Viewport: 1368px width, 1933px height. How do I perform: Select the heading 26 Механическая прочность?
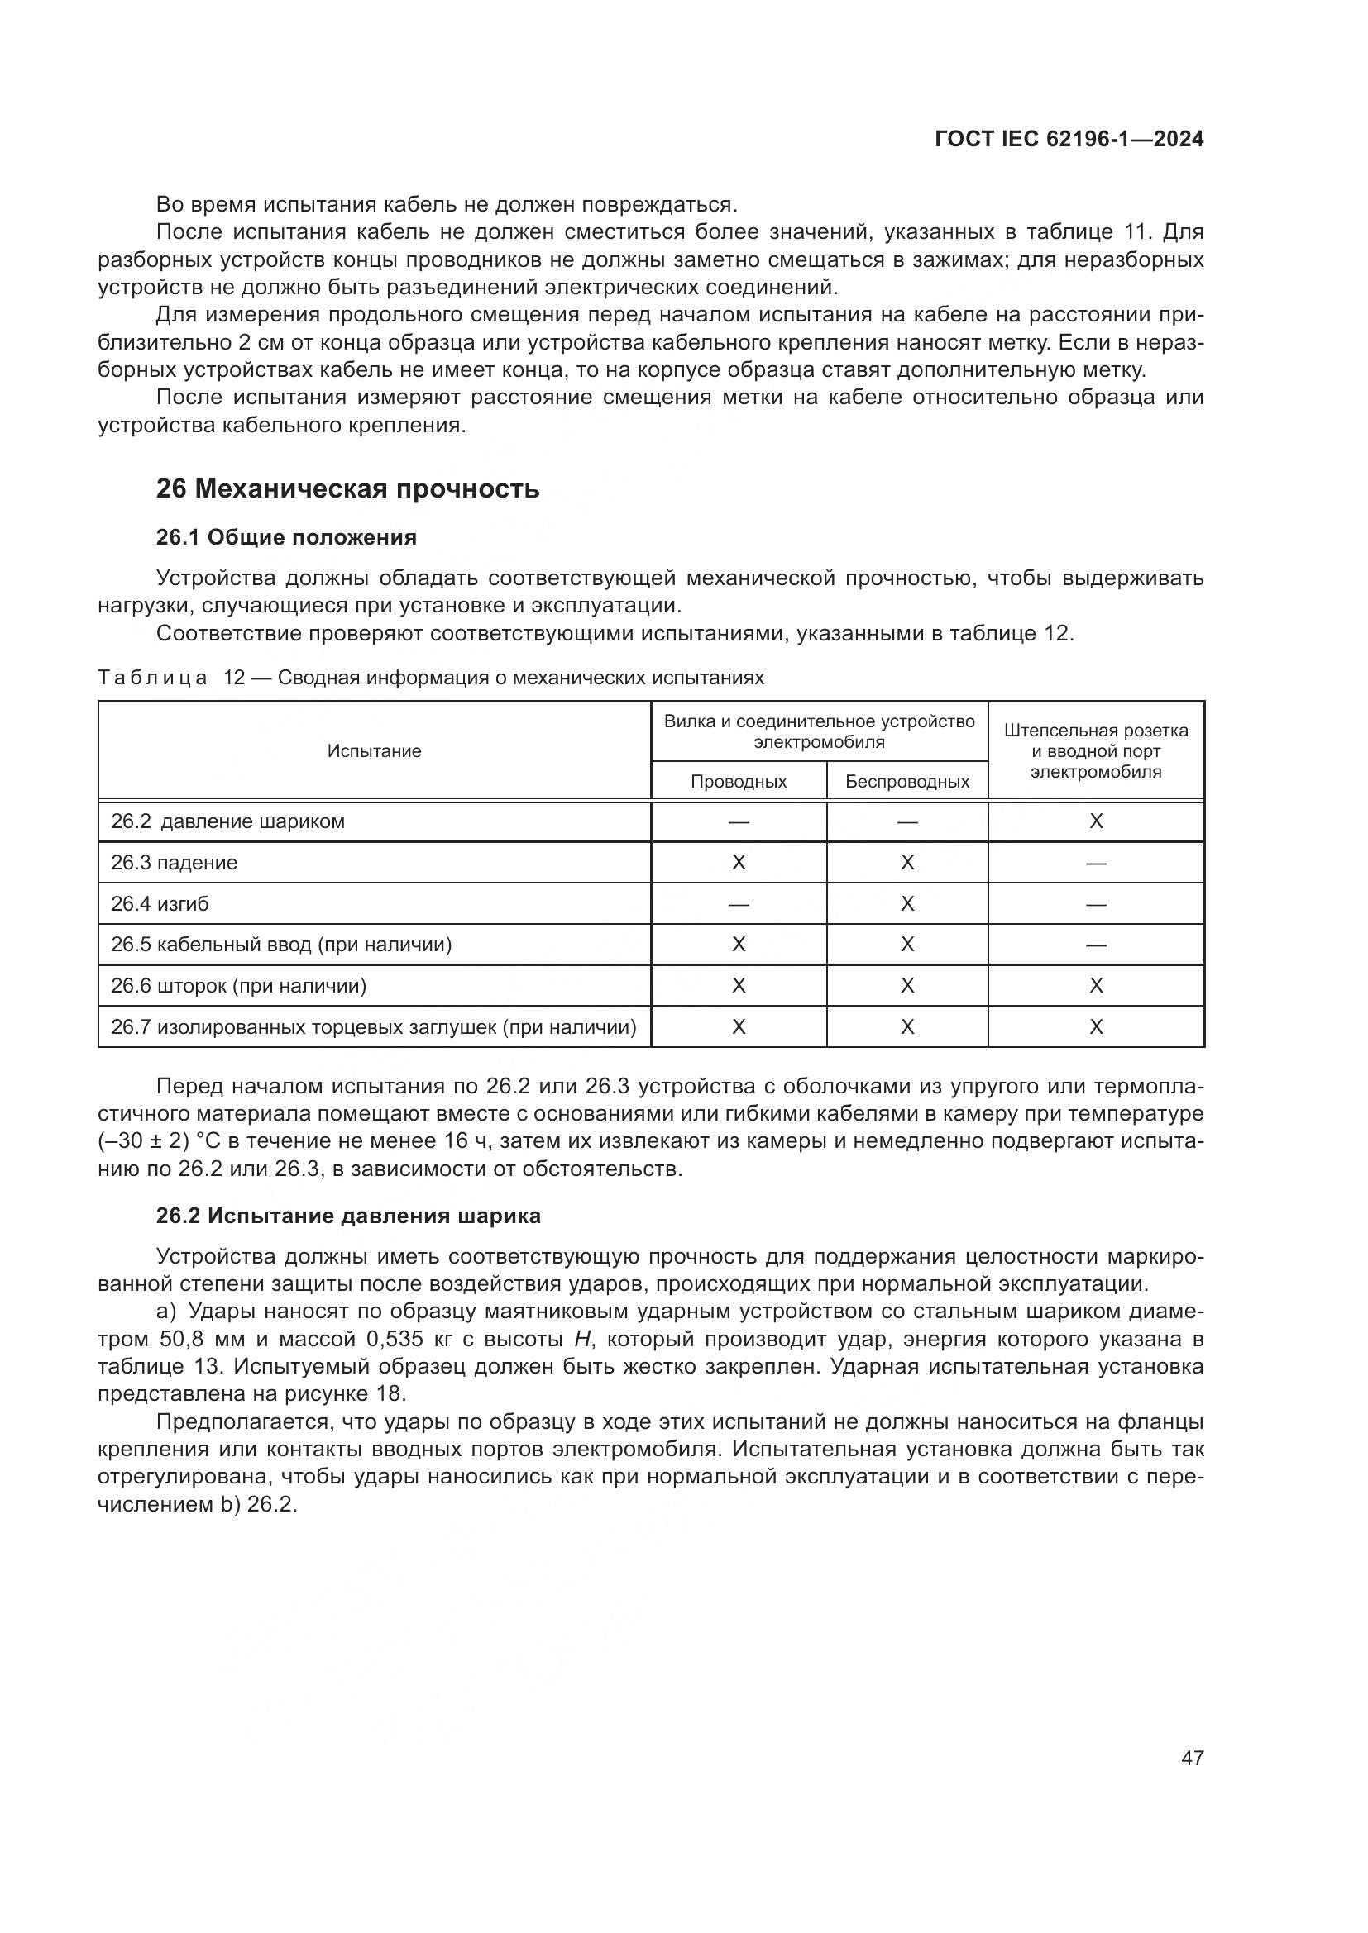(x=347, y=489)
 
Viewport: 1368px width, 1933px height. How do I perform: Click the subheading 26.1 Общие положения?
(x=286, y=537)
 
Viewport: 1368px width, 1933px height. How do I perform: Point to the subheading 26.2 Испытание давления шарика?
(x=348, y=1216)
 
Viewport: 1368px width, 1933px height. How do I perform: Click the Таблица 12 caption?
(x=430, y=678)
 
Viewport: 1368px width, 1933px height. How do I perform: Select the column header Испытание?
(x=374, y=751)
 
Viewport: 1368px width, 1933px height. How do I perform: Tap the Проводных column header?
(x=739, y=781)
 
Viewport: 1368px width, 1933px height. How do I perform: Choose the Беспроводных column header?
(x=907, y=781)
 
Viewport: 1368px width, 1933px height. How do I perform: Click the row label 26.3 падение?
(x=175, y=863)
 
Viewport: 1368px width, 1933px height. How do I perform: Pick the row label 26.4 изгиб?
(x=160, y=904)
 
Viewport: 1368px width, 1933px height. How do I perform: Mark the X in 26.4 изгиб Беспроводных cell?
(x=907, y=904)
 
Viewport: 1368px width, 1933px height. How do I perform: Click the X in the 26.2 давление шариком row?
(x=1096, y=821)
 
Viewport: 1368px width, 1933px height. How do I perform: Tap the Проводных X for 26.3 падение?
(x=739, y=863)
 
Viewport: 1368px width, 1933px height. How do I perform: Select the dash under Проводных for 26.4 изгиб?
(x=739, y=904)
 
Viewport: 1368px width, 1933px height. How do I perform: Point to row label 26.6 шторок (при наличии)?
(x=238, y=986)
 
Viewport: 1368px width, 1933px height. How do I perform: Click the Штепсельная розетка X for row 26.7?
(x=1096, y=1027)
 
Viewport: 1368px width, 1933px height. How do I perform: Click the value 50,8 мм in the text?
(x=202, y=1340)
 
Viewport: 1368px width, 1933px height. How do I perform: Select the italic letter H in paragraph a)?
(x=581, y=1340)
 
